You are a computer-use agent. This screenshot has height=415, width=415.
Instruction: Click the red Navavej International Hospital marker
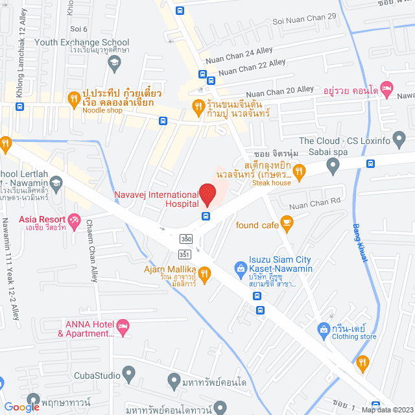[207, 193]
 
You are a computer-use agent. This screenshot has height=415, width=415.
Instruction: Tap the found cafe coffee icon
[287, 224]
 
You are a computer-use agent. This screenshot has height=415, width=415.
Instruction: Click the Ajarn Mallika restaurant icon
[205, 274]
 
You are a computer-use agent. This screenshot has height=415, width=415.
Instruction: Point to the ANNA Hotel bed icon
[123, 325]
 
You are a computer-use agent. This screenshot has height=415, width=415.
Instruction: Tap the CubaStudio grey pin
[128, 374]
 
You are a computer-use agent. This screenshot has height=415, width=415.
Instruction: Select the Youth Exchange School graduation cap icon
[114, 62]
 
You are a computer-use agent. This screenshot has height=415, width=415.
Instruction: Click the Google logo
[21, 407]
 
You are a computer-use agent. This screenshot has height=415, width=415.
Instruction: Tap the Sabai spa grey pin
[333, 167]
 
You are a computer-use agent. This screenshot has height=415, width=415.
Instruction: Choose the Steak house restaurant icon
[298, 172]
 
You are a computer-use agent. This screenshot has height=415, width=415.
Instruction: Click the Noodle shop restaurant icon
[73, 99]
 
